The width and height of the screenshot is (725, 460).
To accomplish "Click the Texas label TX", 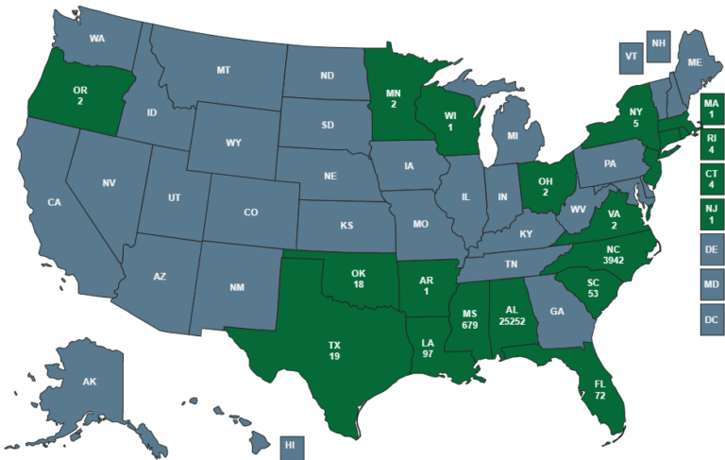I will [x=334, y=343].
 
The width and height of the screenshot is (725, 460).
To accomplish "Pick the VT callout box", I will [x=632, y=56].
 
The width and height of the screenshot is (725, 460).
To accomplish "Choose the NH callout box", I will [x=659, y=43].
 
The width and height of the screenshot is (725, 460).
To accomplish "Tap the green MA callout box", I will [x=711, y=110].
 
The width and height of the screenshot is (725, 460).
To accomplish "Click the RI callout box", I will [x=711, y=144].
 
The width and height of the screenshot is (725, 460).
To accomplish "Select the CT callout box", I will [x=711, y=179].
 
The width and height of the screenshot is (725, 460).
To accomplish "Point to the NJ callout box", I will [x=711, y=214].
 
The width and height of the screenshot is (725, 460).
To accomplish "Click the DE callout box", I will [x=711, y=249].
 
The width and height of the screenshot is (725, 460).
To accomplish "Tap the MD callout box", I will [x=711, y=284].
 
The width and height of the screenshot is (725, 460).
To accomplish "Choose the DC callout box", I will [x=711, y=319].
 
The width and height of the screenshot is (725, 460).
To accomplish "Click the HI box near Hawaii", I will [x=291, y=445].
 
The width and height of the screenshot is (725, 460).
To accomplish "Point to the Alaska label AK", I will [x=90, y=382].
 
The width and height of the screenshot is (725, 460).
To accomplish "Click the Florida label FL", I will [x=600, y=384].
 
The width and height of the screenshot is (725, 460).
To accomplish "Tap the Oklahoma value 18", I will [x=359, y=284].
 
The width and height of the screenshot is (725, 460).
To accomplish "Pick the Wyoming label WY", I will [x=233, y=144].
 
